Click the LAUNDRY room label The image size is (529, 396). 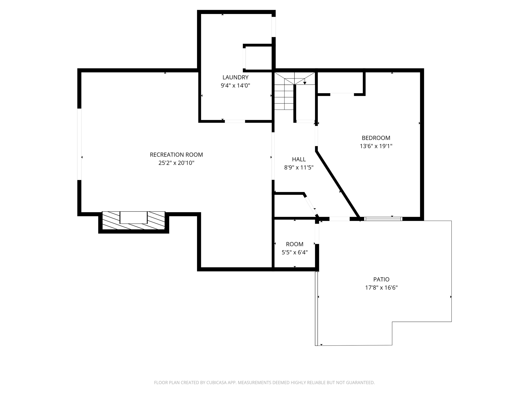tap(235, 77)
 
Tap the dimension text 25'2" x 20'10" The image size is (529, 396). tap(176, 163)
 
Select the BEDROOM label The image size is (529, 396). tap(376, 138)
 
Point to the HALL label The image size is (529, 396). tap(299, 159)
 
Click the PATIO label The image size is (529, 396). tap(381, 279)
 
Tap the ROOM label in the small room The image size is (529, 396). tap(294, 244)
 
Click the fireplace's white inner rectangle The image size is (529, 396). tap(134, 217)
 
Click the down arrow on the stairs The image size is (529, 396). tap(305, 83)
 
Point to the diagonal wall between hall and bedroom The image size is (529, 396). tap(337, 184)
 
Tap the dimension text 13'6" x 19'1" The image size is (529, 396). tap(376, 146)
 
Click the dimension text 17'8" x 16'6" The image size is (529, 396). tap(381, 288)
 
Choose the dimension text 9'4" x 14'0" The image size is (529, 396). tap(235, 86)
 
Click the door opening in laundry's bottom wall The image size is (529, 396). tap(235, 121)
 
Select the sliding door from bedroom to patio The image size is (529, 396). tap(383, 219)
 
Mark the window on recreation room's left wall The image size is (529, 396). tap(80, 144)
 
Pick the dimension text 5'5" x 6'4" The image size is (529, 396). tap(294, 252)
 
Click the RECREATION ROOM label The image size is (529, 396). tap(176, 155)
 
